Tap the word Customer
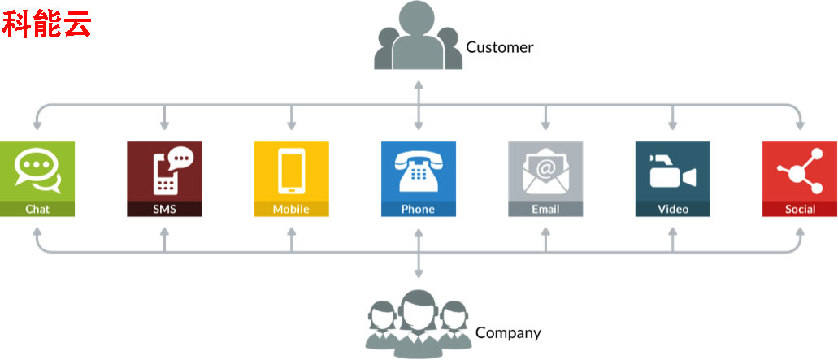coord(499,47)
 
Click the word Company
coord(508,332)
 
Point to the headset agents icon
coord(418,323)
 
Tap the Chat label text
coord(37,209)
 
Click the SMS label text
coord(164,209)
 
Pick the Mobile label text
coord(291,209)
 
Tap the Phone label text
coord(418,209)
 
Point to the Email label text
coord(545,209)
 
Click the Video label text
coord(673,209)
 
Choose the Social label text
coord(800,209)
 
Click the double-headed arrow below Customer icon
coord(419,105)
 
